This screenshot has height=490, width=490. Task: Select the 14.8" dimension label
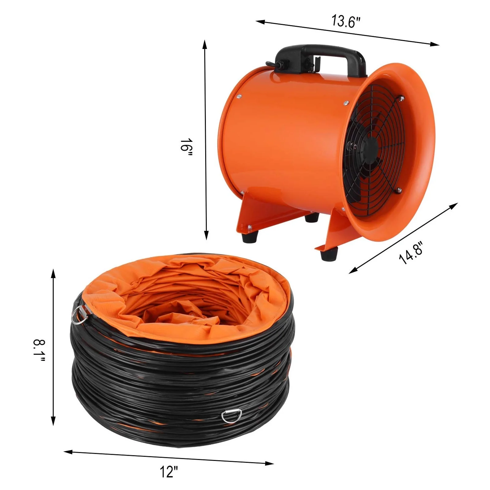coord(411,253)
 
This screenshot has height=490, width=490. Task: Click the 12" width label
coord(169,472)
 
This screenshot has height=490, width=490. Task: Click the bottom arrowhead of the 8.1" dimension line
coord(54,421)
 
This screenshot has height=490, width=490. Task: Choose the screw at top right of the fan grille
coord(400,99)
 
